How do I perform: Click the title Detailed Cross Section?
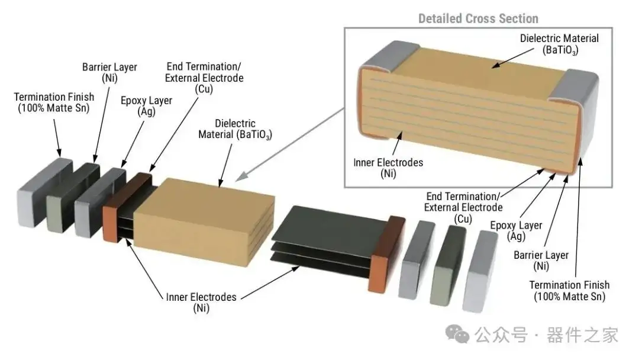(x=478, y=18)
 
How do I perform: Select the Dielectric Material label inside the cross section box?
(x=559, y=44)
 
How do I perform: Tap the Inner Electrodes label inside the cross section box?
(x=388, y=168)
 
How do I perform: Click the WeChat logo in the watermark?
(x=457, y=335)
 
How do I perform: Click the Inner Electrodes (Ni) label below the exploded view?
(x=201, y=302)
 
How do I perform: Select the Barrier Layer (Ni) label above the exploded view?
(x=109, y=73)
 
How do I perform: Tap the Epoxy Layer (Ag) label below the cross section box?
(x=516, y=231)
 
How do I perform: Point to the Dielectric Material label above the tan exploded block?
(x=235, y=129)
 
